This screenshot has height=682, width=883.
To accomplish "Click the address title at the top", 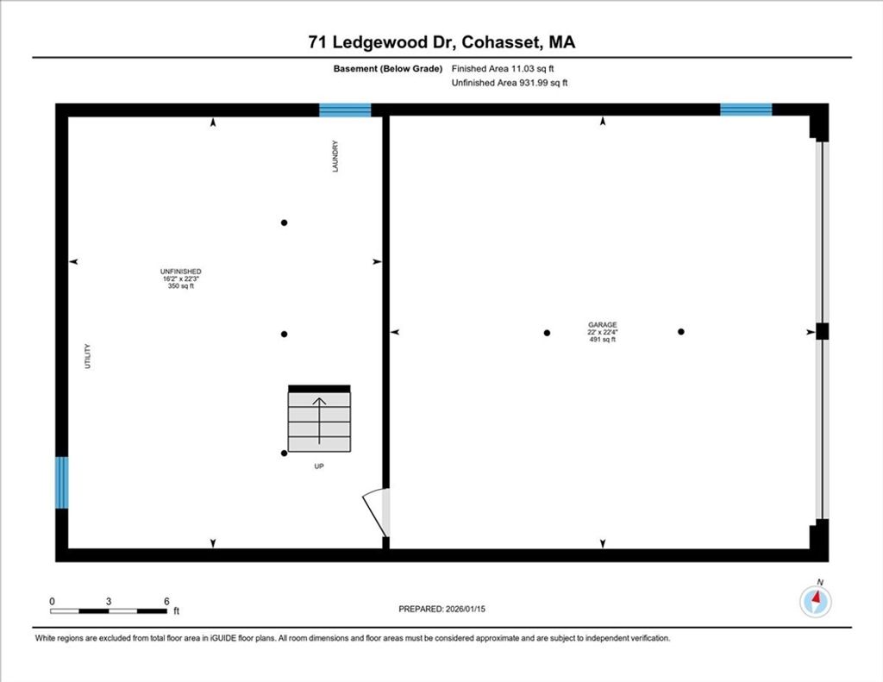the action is [x=441, y=42].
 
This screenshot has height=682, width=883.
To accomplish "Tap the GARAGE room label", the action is [x=603, y=325].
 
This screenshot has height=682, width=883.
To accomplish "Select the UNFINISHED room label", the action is [x=181, y=272].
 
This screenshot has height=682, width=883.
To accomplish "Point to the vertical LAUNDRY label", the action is [x=335, y=157].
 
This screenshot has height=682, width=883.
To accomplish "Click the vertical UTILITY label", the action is [x=87, y=356].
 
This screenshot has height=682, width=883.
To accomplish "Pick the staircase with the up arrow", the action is [x=319, y=418].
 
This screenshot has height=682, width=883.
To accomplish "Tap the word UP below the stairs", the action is [x=319, y=466].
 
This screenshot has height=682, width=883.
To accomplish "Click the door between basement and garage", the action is [x=376, y=512].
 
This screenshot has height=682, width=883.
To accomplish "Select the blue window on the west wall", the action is [x=62, y=483].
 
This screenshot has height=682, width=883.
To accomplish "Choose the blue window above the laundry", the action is [x=345, y=109].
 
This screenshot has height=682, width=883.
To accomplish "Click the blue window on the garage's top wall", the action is [x=746, y=109].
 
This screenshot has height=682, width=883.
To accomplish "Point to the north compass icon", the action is [x=816, y=601].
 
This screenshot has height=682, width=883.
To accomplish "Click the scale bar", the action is [x=108, y=611].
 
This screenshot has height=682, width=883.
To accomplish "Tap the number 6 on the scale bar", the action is [x=166, y=602].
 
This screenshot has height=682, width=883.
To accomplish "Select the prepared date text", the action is [x=442, y=609].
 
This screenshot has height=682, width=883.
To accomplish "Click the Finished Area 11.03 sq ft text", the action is [x=503, y=69].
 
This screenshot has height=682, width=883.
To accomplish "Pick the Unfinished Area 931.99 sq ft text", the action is [x=510, y=83].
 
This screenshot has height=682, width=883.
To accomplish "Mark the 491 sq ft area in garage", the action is [x=603, y=340].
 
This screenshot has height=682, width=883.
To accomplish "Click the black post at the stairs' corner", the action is [x=285, y=453].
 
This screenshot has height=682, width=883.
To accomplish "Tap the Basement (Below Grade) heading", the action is [x=388, y=69].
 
